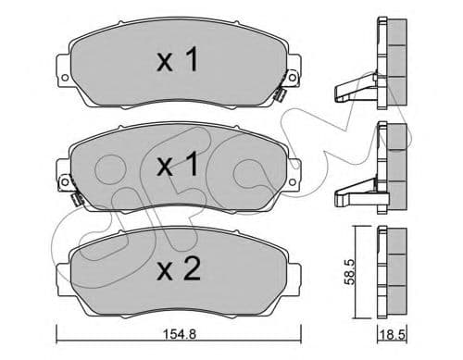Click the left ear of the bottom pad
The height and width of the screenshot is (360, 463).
pyautogui.click(x=61, y=277)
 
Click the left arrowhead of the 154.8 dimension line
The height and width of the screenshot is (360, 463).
pyautogui.click(x=58, y=332)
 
